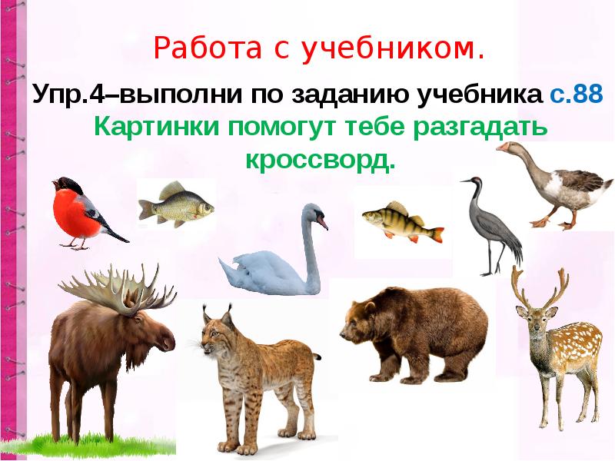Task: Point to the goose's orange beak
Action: tap(502, 147)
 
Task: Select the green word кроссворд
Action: tap(321, 160)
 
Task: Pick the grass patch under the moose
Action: tap(92, 446)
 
